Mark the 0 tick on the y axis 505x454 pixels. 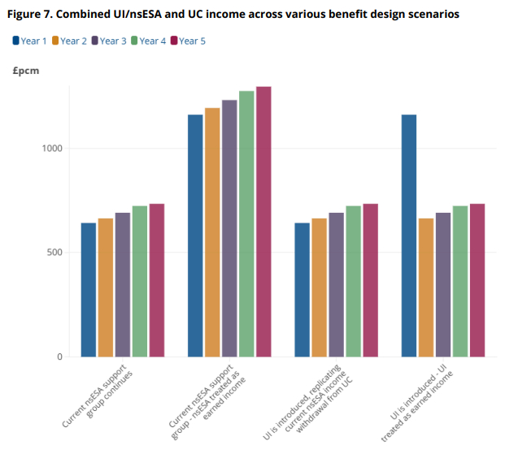(x=59, y=357)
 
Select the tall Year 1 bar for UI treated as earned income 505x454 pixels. (x=409, y=236)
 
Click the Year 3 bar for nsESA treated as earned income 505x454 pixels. (x=229, y=228)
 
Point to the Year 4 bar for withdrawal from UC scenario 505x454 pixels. (x=353, y=281)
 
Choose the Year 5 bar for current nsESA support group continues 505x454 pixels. (x=157, y=280)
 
